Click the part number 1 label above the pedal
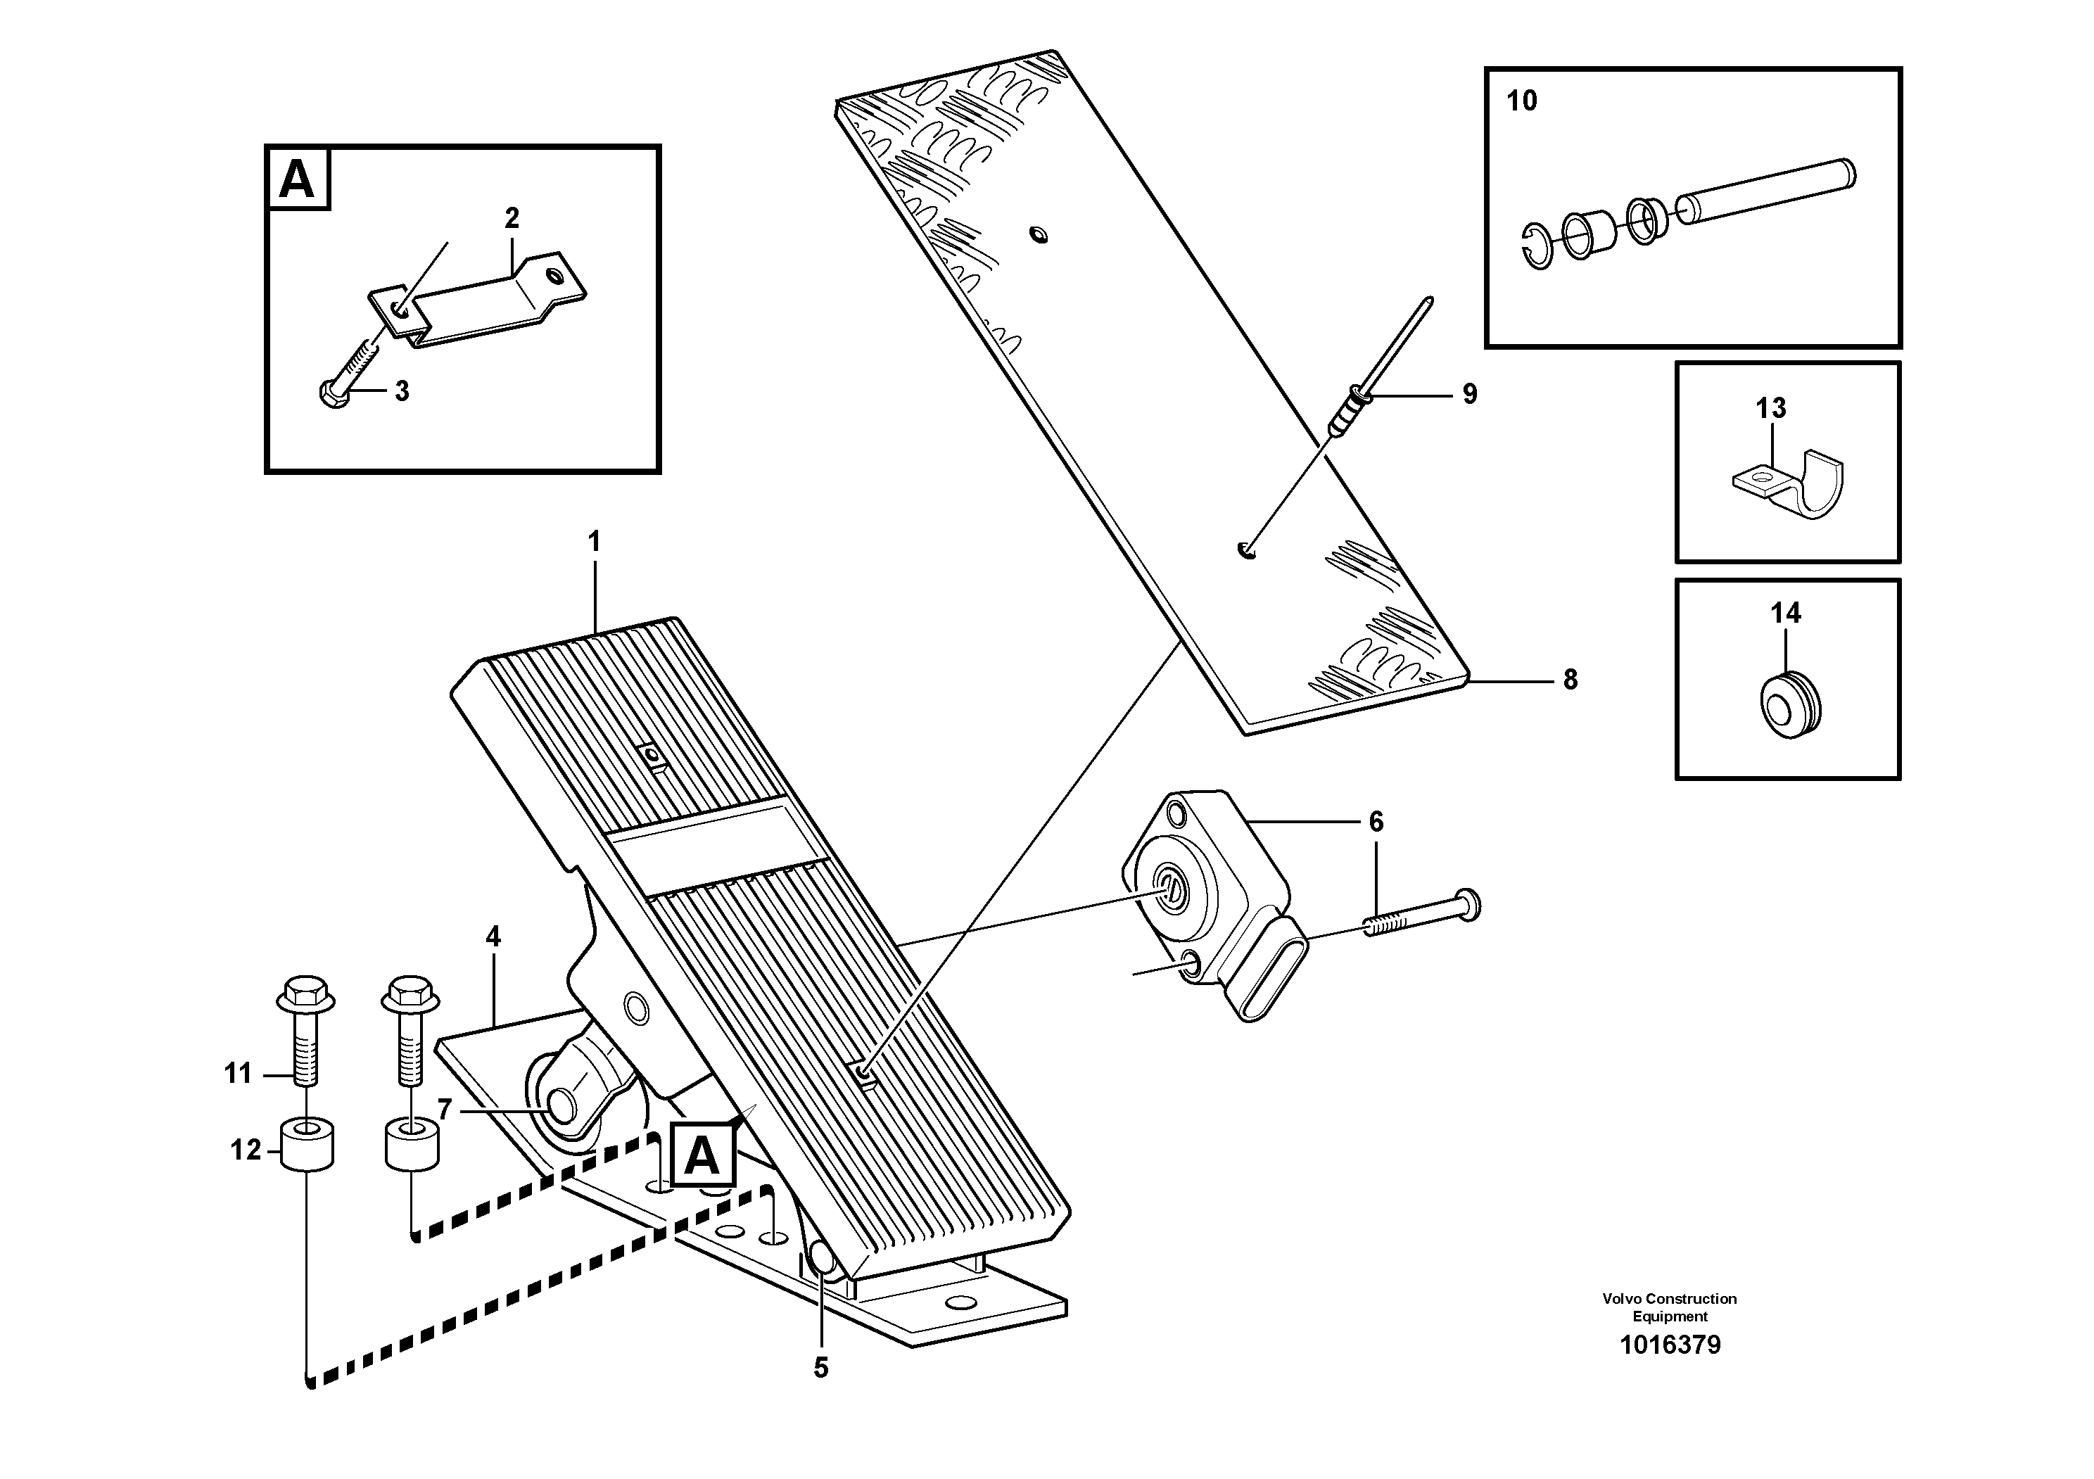(x=594, y=542)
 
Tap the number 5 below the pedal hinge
(x=821, y=1368)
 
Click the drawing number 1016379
(x=1669, y=1345)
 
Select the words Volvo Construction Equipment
(x=1669, y=1307)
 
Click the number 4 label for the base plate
(x=493, y=937)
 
